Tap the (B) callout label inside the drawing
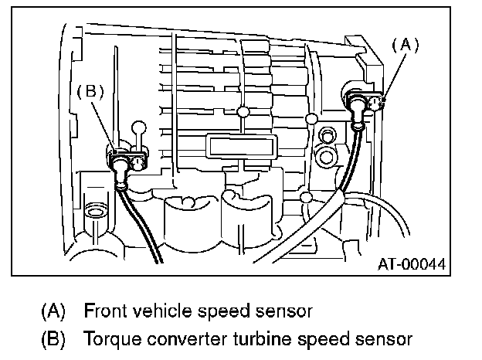point(90,90)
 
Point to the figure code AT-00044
point(410,263)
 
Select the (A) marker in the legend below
point(53,312)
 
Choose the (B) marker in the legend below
point(53,338)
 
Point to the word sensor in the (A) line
point(273,312)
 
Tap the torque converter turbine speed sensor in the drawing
point(124,161)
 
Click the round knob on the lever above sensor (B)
point(140,125)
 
